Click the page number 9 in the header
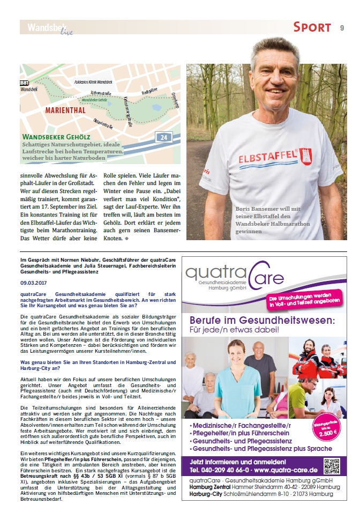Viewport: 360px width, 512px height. (342, 28)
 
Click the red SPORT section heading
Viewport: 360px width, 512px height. (312, 28)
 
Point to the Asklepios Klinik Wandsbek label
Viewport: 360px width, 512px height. (93, 81)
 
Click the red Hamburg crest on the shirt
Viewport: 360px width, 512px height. (305, 156)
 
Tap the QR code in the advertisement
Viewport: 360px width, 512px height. (332, 465)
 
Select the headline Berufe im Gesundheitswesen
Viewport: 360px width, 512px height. (262, 320)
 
